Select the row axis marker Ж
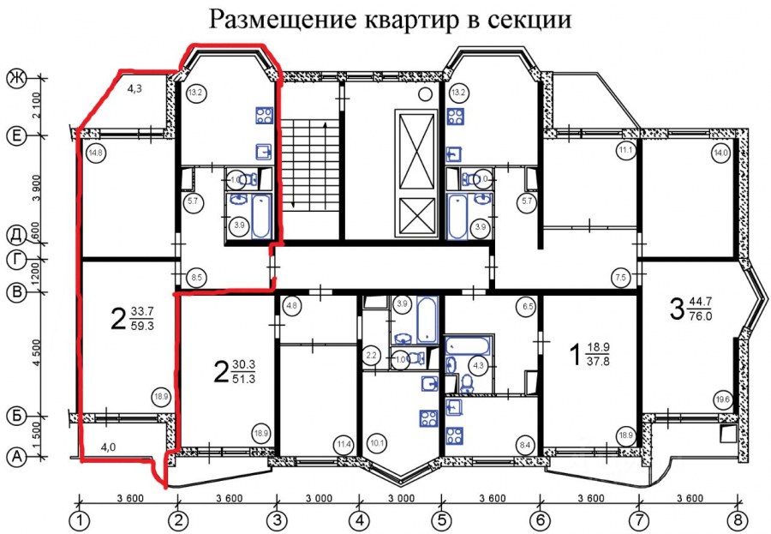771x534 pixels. [15, 79]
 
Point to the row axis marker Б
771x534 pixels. [15, 417]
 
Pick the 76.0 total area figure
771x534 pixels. [704, 315]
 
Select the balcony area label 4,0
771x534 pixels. [108, 446]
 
